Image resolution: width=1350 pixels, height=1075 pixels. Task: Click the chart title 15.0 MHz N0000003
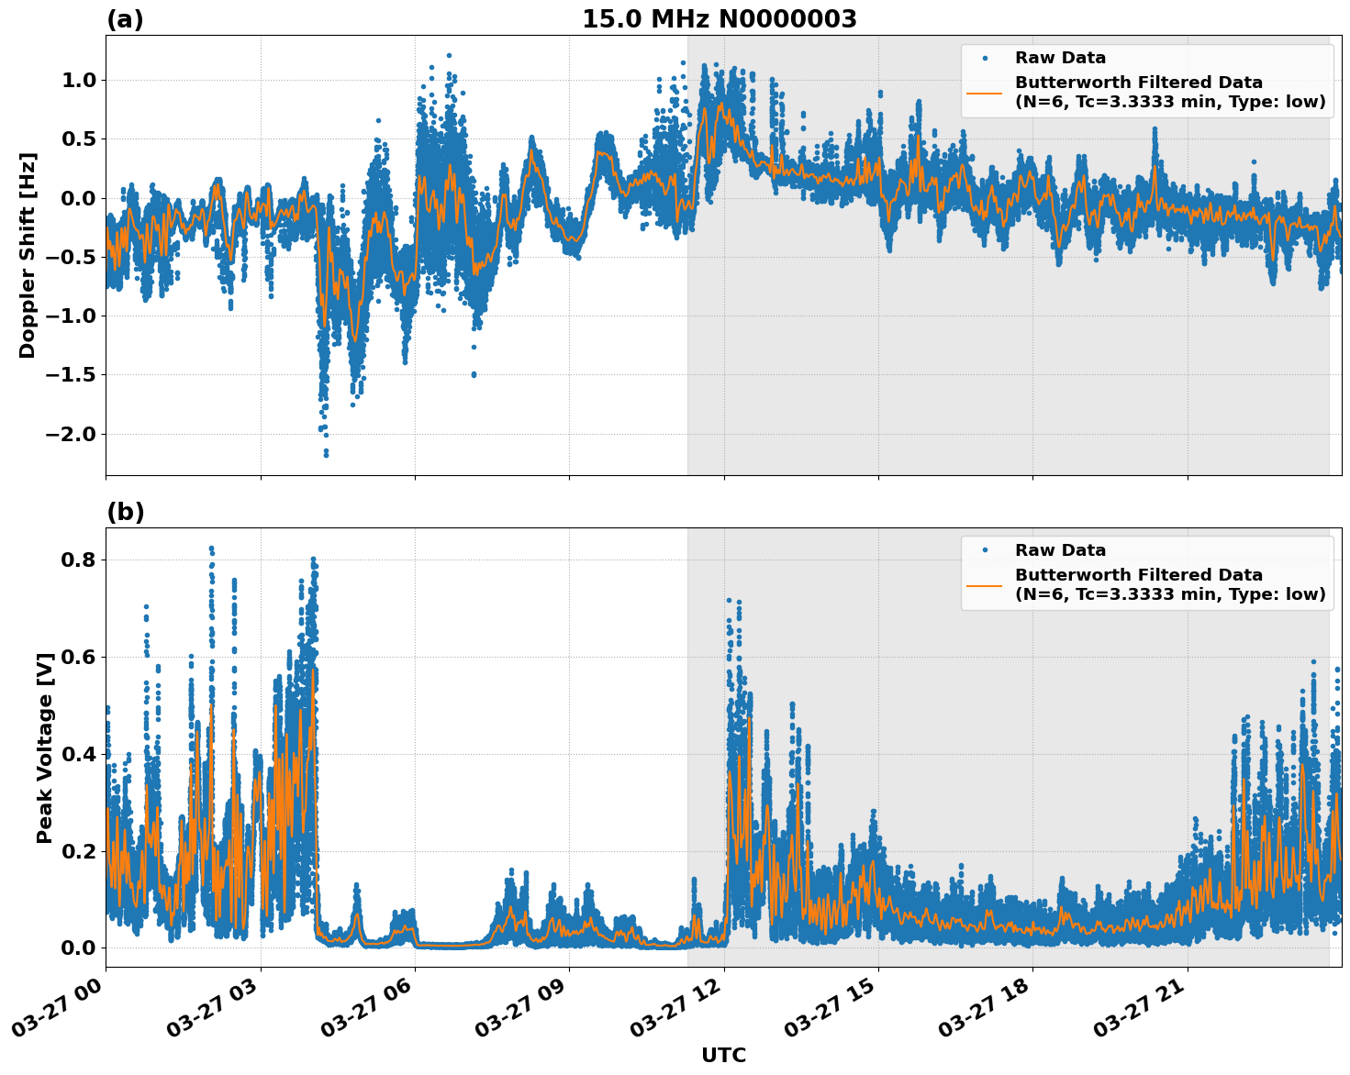click(x=719, y=19)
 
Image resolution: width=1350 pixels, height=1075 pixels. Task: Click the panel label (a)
click(x=125, y=19)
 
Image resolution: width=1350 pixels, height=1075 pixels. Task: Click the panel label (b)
click(x=125, y=512)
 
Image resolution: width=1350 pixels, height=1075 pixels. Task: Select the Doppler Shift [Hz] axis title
click(x=28, y=255)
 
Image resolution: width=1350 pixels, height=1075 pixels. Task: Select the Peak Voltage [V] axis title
click(x=44, y=748)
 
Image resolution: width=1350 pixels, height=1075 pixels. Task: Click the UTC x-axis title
click(x=723, y=1055)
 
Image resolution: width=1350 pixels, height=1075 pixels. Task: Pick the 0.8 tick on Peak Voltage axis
click(x=78, y=560)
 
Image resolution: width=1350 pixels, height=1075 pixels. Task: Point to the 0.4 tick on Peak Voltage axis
click(x=78, y=754)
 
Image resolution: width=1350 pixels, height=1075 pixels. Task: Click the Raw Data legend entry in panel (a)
click(x=1060, y=58)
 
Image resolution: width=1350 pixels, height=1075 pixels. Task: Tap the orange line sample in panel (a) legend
click(x=985, y=92)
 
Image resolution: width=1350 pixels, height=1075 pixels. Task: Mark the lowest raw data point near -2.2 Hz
click(x=326, y=455)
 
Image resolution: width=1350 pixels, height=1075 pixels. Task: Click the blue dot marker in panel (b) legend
click(x=985, y=550)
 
